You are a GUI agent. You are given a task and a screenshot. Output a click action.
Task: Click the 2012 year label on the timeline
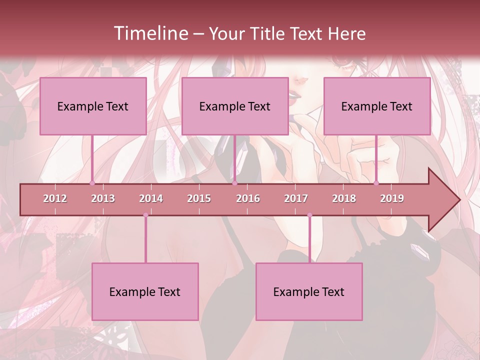[55, 198]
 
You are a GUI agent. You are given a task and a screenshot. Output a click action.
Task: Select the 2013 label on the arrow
[103, 198]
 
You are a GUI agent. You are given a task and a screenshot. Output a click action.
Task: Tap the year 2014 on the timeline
[151, 198]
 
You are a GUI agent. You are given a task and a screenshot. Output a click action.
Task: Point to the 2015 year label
[199, 198]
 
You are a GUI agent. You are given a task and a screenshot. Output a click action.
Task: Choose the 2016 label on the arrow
[248, 198]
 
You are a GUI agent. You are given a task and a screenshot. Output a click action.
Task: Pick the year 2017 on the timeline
[296, 198]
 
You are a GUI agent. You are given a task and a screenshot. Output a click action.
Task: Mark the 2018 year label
[344, 198]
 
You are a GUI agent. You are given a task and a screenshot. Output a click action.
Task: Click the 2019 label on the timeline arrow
[392, 198]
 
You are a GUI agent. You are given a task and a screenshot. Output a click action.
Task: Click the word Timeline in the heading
[150, 33]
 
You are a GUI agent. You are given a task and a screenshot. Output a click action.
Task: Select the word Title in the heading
[269, 34]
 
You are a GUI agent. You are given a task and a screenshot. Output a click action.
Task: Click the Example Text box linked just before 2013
[93, 106]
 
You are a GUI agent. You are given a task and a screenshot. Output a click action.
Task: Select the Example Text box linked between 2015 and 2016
[235, 106]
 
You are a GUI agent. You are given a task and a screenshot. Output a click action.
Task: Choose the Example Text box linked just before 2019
[377, 106]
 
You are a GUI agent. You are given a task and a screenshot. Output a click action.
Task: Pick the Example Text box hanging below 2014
[145, 291]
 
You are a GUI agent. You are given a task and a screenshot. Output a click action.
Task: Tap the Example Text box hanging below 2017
[309, 291]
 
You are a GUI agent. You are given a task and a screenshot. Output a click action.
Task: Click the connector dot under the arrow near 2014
[145, 215]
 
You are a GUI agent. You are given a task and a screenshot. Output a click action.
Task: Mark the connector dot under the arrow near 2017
[309, 215]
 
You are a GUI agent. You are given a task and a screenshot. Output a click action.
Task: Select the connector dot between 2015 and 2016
[234, 183]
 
